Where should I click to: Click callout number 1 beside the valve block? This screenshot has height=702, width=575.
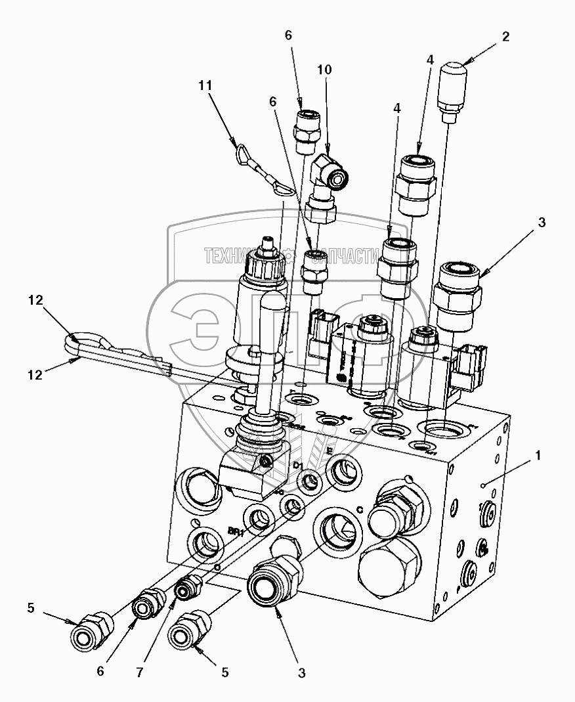click(x=538, y=454)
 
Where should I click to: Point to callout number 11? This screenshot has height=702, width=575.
click(x=207, y=85)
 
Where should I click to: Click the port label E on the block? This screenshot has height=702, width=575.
click(x=331, y=451)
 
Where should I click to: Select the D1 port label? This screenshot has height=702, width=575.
click(x=298, y=465)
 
